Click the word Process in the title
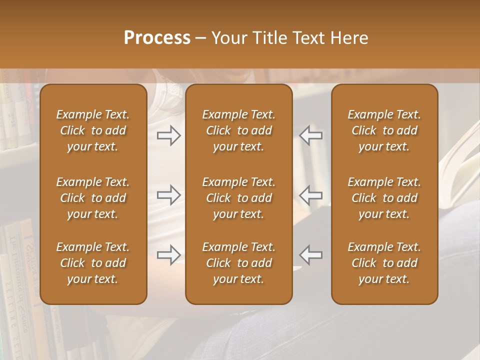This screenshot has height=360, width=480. coord(157,38)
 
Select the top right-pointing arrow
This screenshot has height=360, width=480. coord(169,135)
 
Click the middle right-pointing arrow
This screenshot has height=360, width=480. coord(169,194)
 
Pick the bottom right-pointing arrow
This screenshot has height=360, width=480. coord(169,255)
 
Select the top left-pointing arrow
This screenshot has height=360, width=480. coord(311,135)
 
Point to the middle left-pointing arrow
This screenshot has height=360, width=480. coord(311,194)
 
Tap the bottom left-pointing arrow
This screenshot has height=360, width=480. coord(311,255)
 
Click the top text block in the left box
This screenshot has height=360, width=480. coord(93,130)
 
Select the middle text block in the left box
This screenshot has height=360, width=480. coord(93,198)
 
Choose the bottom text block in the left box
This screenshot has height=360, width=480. coord(93,263)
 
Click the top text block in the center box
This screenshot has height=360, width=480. coord(238,130)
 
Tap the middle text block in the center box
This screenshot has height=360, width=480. coord(238,198)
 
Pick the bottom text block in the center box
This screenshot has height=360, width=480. coord(238,263)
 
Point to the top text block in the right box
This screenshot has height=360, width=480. coord(384,130)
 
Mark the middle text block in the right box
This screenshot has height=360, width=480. coord(384,198)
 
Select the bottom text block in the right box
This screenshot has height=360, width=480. coord(384,263)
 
